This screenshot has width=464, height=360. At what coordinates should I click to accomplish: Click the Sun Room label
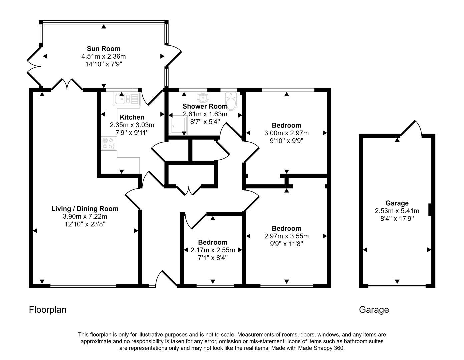pyautogui.click(x=103, y=49)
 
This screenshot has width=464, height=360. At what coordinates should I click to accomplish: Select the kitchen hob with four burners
pyautogui.click(x=108, y=143)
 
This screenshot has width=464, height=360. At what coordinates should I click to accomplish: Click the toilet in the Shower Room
pyautogui.click(x=231, y=101)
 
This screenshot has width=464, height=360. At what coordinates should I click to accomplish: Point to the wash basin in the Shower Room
pyautogui.click(x=203, y=97)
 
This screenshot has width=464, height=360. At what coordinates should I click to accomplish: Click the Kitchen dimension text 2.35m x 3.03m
pyautogui.click(x=132, y=125)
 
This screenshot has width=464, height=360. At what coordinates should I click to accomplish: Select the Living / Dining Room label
pyautogui.click(x=85, y=209)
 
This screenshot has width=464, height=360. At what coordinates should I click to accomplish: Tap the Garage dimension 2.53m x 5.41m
pyautogui.click(x=397, y=211)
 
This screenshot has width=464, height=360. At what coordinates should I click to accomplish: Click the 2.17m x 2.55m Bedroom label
pyautogui.click(x=213, y=242)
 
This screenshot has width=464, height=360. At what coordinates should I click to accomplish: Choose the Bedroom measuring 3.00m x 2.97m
pyautogui.click(x=286, y=126)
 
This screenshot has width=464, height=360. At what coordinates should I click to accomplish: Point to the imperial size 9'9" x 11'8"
pyautogui.click(x=286, y=244)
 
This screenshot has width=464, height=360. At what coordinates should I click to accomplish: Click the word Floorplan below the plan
pyautogui.click(x=48, y=310)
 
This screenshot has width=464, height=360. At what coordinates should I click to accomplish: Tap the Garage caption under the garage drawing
pyautogui.click(x=374, y=310)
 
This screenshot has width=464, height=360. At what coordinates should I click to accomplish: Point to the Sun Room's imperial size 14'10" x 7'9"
pyautogui.click(x=103, y=64)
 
